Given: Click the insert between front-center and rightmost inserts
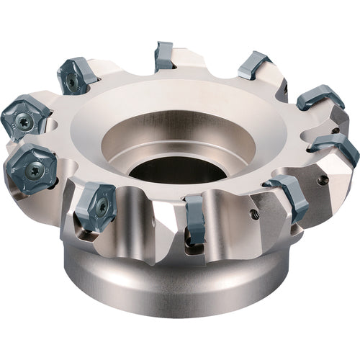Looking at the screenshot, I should click(x=288, y=198).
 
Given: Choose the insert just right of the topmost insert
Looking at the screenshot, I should click(x=254, y=67).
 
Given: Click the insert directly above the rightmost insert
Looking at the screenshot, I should click(x=319, y=98).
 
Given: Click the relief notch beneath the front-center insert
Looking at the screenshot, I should click(x=192, y=248).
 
